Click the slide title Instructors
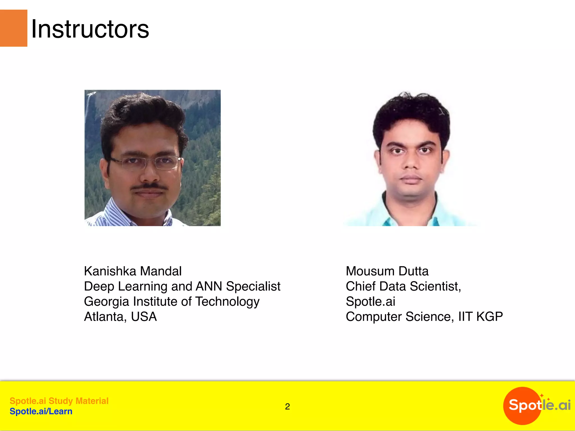(90, 29)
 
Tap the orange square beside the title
(13, 28)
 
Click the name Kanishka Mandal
(133, 271)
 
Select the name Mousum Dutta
(387, 271)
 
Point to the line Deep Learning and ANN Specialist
(182, 286)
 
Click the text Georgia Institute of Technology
(172, 302)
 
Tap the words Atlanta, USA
(120, 317)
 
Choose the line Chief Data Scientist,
(403, 286)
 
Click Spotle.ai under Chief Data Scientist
(371, 302)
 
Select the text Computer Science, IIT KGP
(424, 317)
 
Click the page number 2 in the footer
(287, 406)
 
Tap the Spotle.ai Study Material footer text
(59, 401)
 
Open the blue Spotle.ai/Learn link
(41, 411)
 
